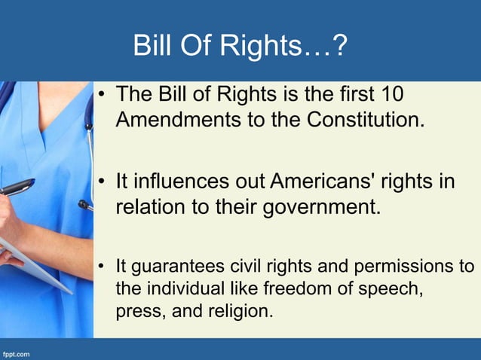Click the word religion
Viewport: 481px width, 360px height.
point(241,310)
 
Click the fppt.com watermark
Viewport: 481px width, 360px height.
point(17,352)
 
